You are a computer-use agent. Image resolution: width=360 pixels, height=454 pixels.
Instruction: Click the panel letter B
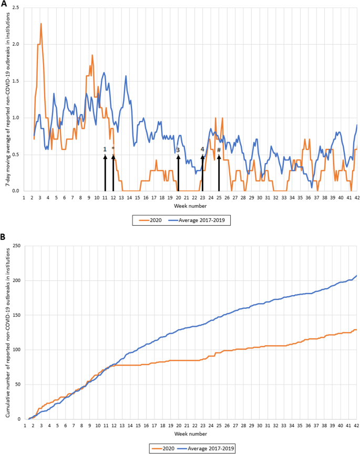coord(4,238)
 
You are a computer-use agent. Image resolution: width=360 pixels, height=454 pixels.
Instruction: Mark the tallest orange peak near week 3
coord(41,24)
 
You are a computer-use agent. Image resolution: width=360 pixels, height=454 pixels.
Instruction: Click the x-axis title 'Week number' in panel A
coord(190,205)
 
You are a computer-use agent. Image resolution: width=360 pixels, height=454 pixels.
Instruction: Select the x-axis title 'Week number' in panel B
coord(190,433)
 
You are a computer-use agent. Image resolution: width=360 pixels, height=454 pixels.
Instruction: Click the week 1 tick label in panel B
coord(24,425)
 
